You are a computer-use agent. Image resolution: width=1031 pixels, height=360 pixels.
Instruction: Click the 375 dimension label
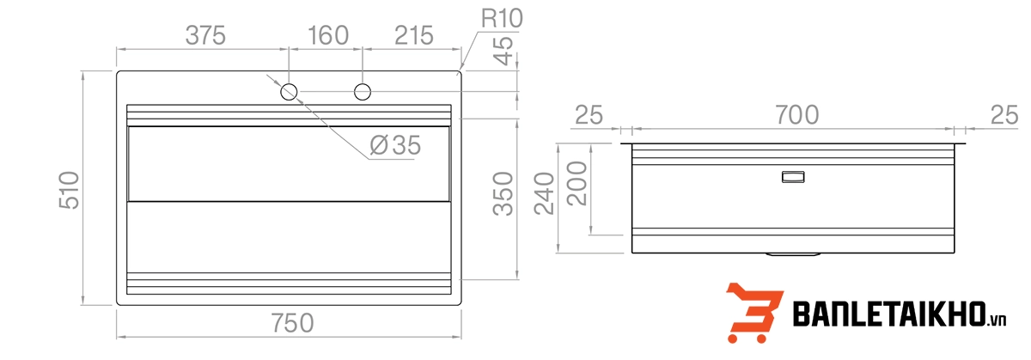pos(206,35)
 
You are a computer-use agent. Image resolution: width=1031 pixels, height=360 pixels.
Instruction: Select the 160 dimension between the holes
pos(327,35)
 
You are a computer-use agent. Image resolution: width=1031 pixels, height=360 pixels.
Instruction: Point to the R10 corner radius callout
pos(502,17)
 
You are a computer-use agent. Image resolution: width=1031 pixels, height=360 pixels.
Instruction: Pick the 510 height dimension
pos(69,189)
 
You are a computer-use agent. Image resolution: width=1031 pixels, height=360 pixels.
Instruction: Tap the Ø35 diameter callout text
pos(395,146)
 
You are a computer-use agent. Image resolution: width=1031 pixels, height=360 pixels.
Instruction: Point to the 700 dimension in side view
pos(796,114)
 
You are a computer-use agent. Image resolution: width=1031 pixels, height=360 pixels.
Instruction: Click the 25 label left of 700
pos(589,114)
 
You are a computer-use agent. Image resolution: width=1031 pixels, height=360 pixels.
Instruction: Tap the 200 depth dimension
pos(577,182)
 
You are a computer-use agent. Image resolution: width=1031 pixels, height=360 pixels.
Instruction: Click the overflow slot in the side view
pos(792,177)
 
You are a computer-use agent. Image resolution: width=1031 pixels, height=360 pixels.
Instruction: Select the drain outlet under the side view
pos(792,254)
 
